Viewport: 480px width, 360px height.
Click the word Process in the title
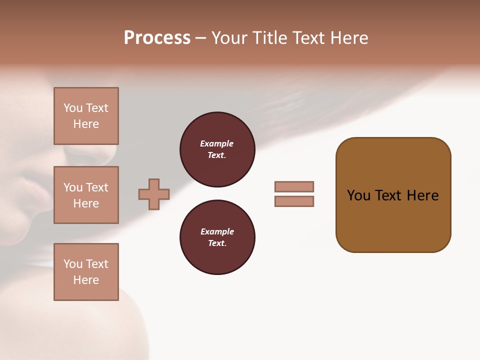tap(157, 38)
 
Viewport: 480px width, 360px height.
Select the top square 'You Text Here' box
tap(86, 116)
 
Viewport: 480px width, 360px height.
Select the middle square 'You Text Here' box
tap(86, 195)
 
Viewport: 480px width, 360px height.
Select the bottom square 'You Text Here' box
tap(86, 272)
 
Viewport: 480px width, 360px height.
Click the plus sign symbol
tap(154, 194)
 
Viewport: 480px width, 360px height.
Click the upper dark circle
tap(217, 149)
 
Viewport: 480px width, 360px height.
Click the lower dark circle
tap(217, 237)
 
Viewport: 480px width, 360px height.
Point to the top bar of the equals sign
tap(294, 186)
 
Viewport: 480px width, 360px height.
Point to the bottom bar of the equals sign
tap(294, 201)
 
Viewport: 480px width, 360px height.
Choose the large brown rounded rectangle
tap(393, 195)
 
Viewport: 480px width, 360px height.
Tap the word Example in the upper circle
tap(216, 143)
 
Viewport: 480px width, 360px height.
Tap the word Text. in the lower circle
tap(217, 243)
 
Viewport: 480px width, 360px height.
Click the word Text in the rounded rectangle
tap(388, 195)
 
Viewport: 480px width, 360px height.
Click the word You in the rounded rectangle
tap(358, 195)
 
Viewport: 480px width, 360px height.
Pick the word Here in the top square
tap(86, 124)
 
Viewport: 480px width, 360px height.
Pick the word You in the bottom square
tap(73, 264)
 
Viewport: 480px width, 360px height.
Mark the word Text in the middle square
tap(96, 187)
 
